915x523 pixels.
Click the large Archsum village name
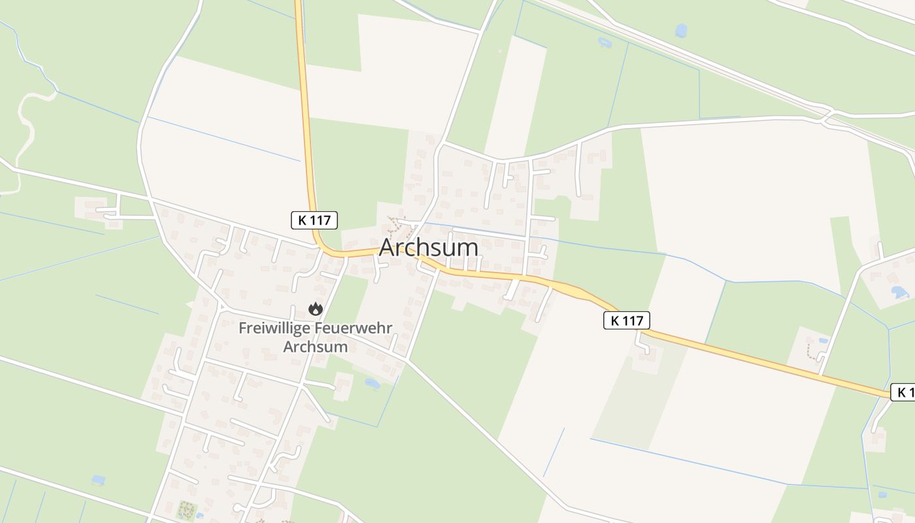coord(428,247)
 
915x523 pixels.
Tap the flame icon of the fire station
coord(316,309)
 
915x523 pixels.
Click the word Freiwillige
coord(275,328)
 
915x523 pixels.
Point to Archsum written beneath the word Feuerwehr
coord(315,346)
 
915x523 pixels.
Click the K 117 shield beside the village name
coord(314,220)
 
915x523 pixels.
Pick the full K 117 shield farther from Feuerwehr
coord(626,320)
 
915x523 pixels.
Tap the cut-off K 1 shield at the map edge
coord(904,392)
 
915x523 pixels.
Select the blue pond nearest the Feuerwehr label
coord(372,383)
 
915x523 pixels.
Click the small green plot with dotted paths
coord(187,509)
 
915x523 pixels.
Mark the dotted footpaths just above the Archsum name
coord(396,225)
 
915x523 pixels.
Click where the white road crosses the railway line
coord(827,116)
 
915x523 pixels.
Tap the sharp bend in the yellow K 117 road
coord(322,246)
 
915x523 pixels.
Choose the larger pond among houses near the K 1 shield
coord(899,292)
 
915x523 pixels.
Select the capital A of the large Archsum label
coord(388,248)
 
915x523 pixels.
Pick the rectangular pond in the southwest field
coord(98,481)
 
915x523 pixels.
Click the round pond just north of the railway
coord(681,30)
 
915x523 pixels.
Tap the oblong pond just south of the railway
coord(604,42)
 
